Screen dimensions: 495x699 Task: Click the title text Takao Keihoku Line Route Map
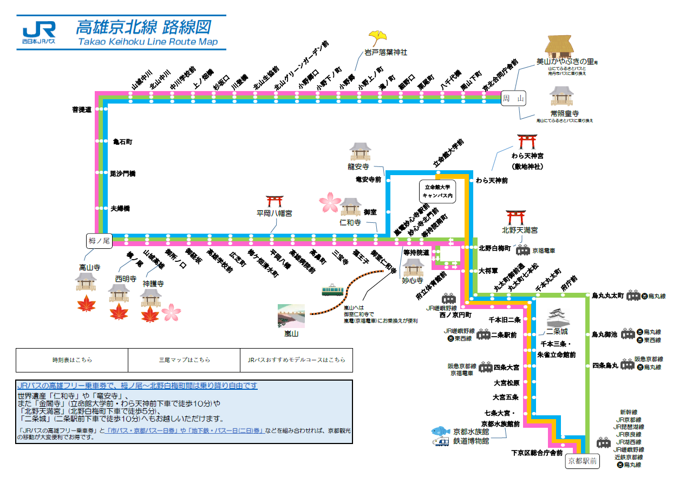147,42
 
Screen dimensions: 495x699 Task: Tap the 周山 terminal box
513,98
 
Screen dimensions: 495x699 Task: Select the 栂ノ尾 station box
99,241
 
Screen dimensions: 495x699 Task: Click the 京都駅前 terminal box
583,461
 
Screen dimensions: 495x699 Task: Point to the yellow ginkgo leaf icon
377,38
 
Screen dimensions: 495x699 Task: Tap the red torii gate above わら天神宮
526,142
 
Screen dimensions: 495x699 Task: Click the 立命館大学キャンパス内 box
438,190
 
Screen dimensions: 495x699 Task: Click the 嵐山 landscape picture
291,316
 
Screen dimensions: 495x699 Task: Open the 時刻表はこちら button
72,360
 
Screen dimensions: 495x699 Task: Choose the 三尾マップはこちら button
184,360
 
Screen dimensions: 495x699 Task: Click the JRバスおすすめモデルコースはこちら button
296,360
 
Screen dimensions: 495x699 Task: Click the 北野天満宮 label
520,230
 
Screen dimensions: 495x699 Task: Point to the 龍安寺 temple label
358,166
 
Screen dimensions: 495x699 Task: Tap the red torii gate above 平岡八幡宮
275,202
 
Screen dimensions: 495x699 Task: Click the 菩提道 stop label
82,110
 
